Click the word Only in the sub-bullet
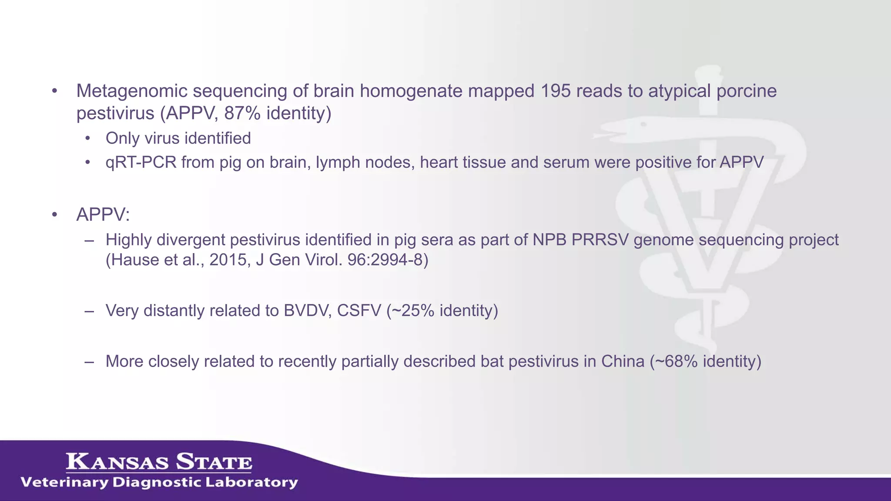tap(122, 138)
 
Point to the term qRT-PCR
tap(141, 162)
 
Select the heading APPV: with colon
tap(103, 214)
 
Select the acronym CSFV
tap(359, 311)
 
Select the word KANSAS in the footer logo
tap(117, 462)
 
